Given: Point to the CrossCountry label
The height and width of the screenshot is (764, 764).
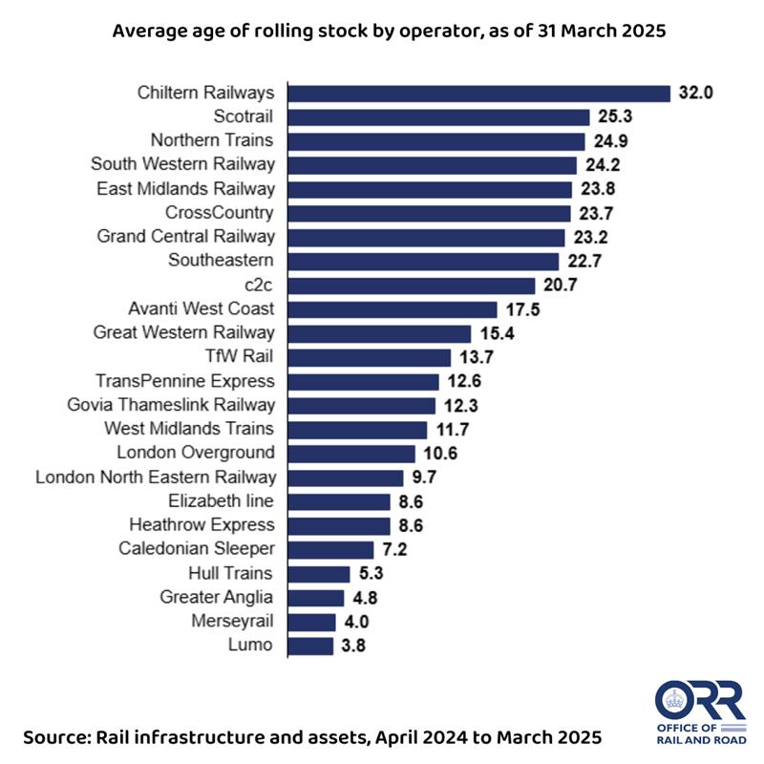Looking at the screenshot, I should pos(220,212).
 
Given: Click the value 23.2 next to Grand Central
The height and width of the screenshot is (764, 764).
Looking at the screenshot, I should pos(590,237).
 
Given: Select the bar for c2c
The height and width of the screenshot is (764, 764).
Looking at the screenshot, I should pos(412,286).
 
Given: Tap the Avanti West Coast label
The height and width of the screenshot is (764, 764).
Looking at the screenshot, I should pos(202,308).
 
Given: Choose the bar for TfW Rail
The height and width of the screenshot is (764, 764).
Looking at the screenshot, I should pos(370,357).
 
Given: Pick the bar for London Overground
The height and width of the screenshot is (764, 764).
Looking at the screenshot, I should pos(351,454).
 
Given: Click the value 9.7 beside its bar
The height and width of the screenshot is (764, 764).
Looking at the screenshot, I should pos(427,477).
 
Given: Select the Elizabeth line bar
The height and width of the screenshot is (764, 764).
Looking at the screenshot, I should pos(339,501).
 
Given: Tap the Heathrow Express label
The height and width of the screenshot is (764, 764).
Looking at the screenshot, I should pos(202,524).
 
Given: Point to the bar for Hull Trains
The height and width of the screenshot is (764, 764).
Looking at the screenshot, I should pos(319,574).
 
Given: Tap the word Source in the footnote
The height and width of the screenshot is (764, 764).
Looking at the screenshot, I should pos(60,738).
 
